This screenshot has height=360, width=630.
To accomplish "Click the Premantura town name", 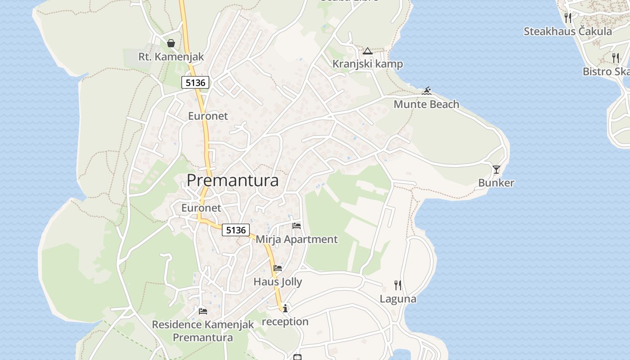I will point(232,180).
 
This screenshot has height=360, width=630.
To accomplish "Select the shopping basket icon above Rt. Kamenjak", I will point(171,43).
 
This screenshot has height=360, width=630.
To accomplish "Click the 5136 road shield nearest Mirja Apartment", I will point(236,230).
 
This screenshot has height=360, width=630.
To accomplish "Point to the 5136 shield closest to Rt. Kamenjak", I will point(195,82).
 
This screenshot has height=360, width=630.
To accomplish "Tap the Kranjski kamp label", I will point(367,64).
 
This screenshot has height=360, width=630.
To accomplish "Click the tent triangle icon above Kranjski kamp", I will point(368,51).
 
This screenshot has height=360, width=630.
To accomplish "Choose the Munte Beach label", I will point(426,104).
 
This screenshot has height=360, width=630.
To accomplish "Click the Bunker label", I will point(496,183).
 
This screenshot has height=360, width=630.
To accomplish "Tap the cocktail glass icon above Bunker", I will point(496,170).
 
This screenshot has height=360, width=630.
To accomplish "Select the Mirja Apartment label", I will point(297,239).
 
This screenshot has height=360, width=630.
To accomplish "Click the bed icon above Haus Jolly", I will point(278,269).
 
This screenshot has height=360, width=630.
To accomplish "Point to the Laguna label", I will point(398,299).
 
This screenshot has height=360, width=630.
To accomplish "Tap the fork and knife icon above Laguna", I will point(398,285).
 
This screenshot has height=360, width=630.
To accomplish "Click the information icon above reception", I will point(285,308).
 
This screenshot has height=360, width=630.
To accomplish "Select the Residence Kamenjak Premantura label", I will point(203,331).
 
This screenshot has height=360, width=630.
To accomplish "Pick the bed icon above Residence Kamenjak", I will point(203,311).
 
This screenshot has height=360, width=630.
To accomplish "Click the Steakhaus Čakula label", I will point(567,31).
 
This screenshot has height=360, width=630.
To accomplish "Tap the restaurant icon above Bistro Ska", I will point(615,58).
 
